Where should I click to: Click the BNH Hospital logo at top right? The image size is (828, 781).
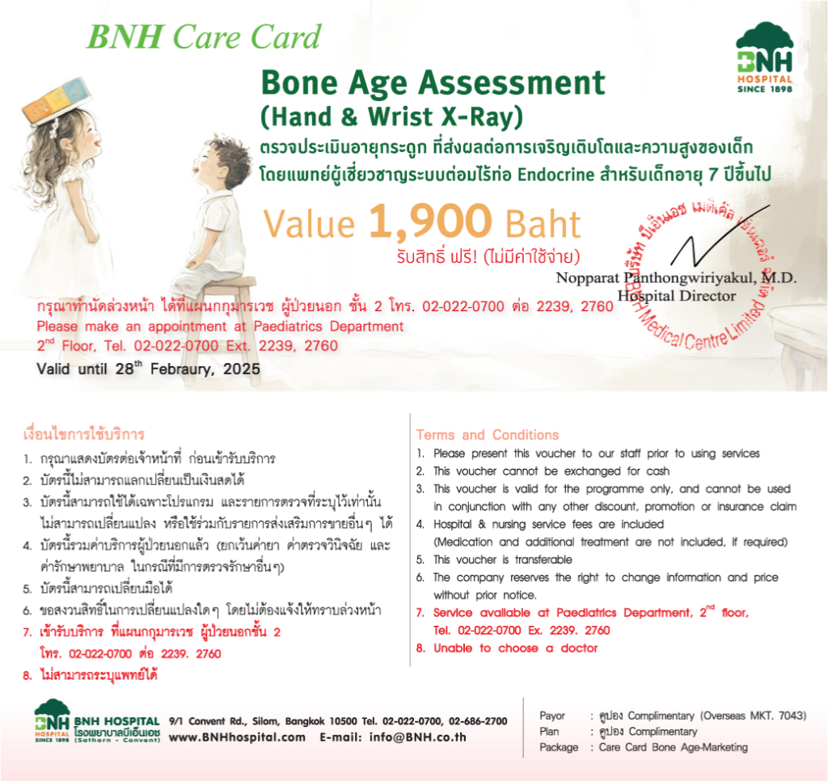(764, 58)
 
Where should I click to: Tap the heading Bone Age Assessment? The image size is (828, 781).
(433, 83)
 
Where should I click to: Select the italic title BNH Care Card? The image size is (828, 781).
(204, 36)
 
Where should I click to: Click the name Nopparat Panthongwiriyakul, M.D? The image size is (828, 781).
(676, 277)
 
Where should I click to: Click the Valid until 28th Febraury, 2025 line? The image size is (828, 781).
(149, 368)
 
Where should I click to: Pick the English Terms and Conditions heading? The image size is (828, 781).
(487, 434)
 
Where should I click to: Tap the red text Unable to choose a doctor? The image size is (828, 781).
(515, 648)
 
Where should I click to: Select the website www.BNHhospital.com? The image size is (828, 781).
(237, 737)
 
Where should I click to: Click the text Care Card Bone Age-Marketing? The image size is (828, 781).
(673, 747)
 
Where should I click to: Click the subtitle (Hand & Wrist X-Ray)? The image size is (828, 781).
(387, 117)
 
